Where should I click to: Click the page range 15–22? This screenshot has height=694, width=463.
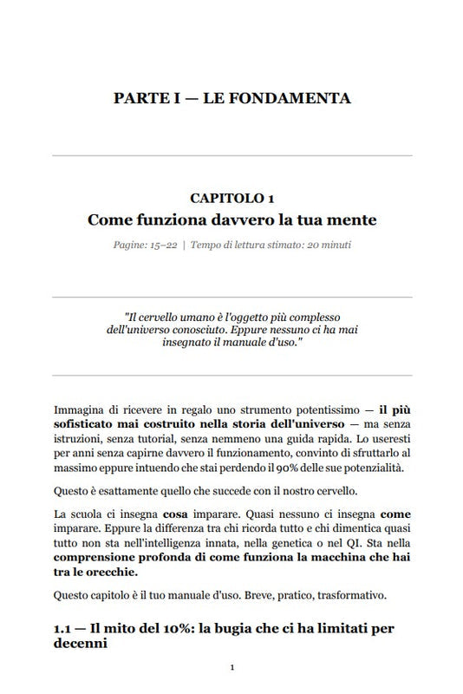click(162, 245)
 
